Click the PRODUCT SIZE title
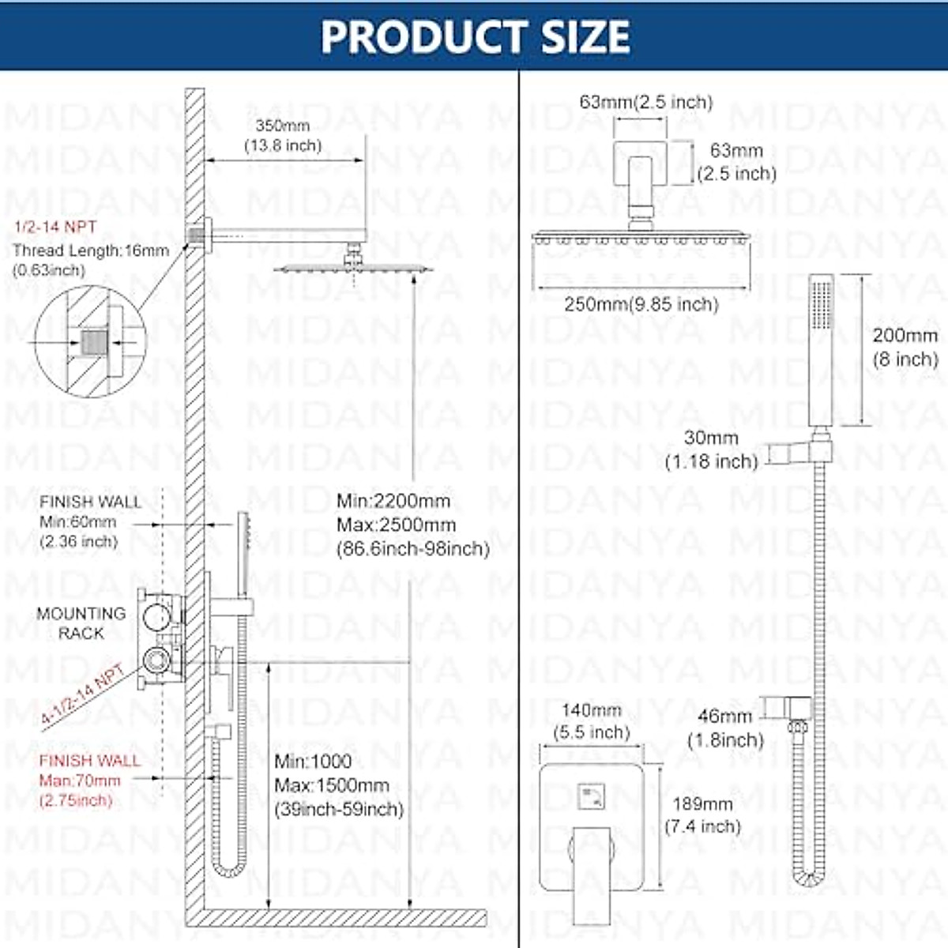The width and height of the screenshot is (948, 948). pyautogui.click(x=475, y=36)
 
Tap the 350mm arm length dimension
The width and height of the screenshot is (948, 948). pyautogui.click(x=283, y=135)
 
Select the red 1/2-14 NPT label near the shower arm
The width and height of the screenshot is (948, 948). pyautogui.click(x=55, y=228)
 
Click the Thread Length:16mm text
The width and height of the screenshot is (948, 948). pyautogui.click(x=91, y=251)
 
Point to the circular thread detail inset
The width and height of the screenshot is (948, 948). pyautogui.click(x=90, y=342)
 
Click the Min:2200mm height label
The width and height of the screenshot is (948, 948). pyautogui.click(x=393, y=501)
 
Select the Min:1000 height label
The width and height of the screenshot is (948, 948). pyautogui.click(x=313, y=762)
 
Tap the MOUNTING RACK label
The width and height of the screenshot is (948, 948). pyautogui.click(x=81, y=623)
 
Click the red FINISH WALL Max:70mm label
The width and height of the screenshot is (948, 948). pyautogui.click(x=89, y=781)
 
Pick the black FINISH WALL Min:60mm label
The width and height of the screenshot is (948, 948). pyautogui.click(x=89, y=521)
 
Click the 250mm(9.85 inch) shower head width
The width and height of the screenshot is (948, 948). pyautogui.click(x=641, y=304)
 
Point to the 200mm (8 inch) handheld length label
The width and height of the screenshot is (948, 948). pyautogui.click(x=905, y=347)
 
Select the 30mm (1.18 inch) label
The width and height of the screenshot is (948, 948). pyautogui.click(x=711, y=450)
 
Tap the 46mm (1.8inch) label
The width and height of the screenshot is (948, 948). pyautogui.click(x=725, y=728)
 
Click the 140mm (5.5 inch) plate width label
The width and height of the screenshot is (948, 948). pyautogui.click(x=592, y=720)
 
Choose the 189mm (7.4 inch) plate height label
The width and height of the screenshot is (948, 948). pyautogui.click(x=702, y=814)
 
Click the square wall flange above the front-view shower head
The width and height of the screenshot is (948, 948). pyautogui.click(x=641, y=163)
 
